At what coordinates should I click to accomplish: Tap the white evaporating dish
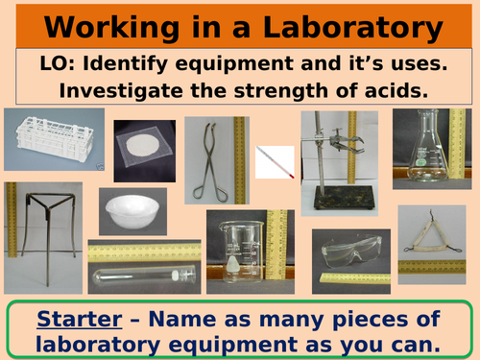click(128, 210)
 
